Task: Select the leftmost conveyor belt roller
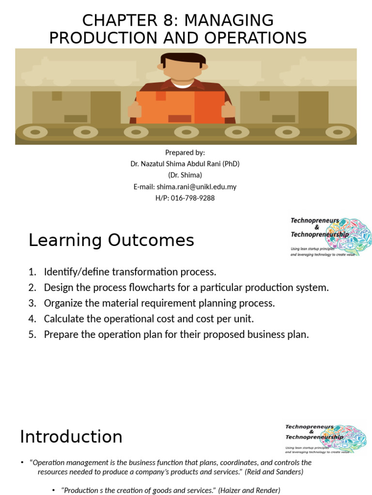35,131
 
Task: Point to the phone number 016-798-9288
192,198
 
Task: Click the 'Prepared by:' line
185,152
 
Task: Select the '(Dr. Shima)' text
185,175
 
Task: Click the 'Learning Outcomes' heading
111,240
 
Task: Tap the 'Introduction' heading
71,437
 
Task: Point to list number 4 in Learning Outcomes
32,319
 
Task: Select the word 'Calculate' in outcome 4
62,319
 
